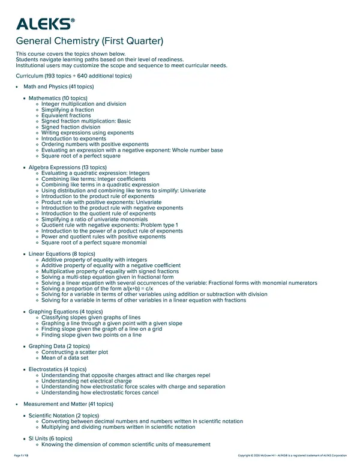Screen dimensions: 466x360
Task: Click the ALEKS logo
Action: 45,24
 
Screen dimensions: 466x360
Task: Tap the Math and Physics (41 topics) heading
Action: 56,87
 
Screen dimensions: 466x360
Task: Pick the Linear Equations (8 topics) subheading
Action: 62,254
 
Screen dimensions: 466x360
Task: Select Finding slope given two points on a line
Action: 92,335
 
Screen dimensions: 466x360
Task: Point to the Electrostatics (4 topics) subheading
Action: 58,369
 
